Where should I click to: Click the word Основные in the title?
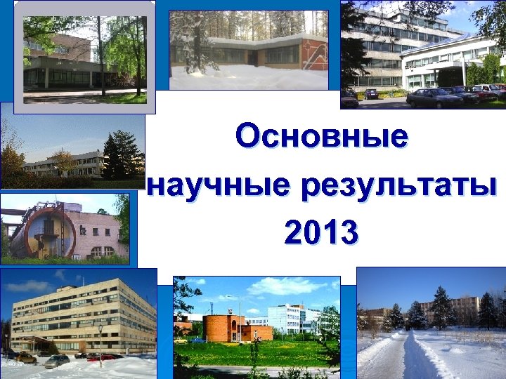coord(321,136)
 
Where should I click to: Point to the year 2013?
coord(321,232)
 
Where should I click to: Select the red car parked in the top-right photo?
coord(486,91)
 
